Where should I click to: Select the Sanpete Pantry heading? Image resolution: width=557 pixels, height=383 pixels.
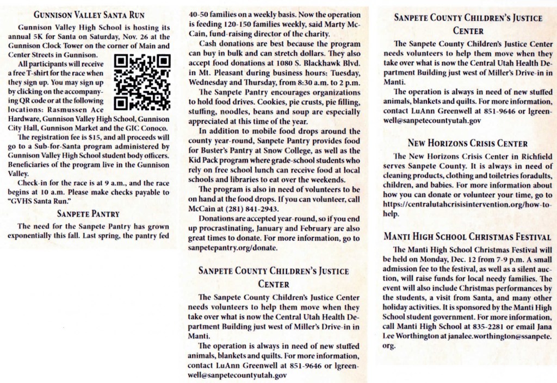point(88,214)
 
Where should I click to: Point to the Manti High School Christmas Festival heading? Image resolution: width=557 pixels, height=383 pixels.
point(467,237)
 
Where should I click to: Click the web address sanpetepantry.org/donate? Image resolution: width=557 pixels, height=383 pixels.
point(234,248)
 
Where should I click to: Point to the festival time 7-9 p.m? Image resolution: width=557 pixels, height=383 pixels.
point(497,259)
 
